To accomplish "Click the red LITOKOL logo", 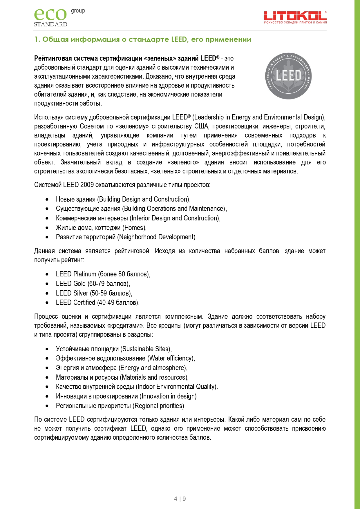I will click(295, 17).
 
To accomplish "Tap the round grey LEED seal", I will click(288, 76).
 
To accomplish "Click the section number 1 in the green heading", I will click(36, 39).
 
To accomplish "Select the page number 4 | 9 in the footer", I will click(180, 499).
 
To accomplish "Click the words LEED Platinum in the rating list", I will click(76, 274).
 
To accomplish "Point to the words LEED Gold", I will click(71, 284).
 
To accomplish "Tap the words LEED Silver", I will click(72, 293).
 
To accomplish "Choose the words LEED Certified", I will click(75, 302).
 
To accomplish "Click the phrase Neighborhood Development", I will click(157, 237).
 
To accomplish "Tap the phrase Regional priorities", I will click(158, 406).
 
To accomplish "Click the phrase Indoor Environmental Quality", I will click(176, 387).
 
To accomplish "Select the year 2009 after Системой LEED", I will click(87, 185).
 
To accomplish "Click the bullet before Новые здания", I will click(47, 200).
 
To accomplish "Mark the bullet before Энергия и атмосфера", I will click(47, 368).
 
